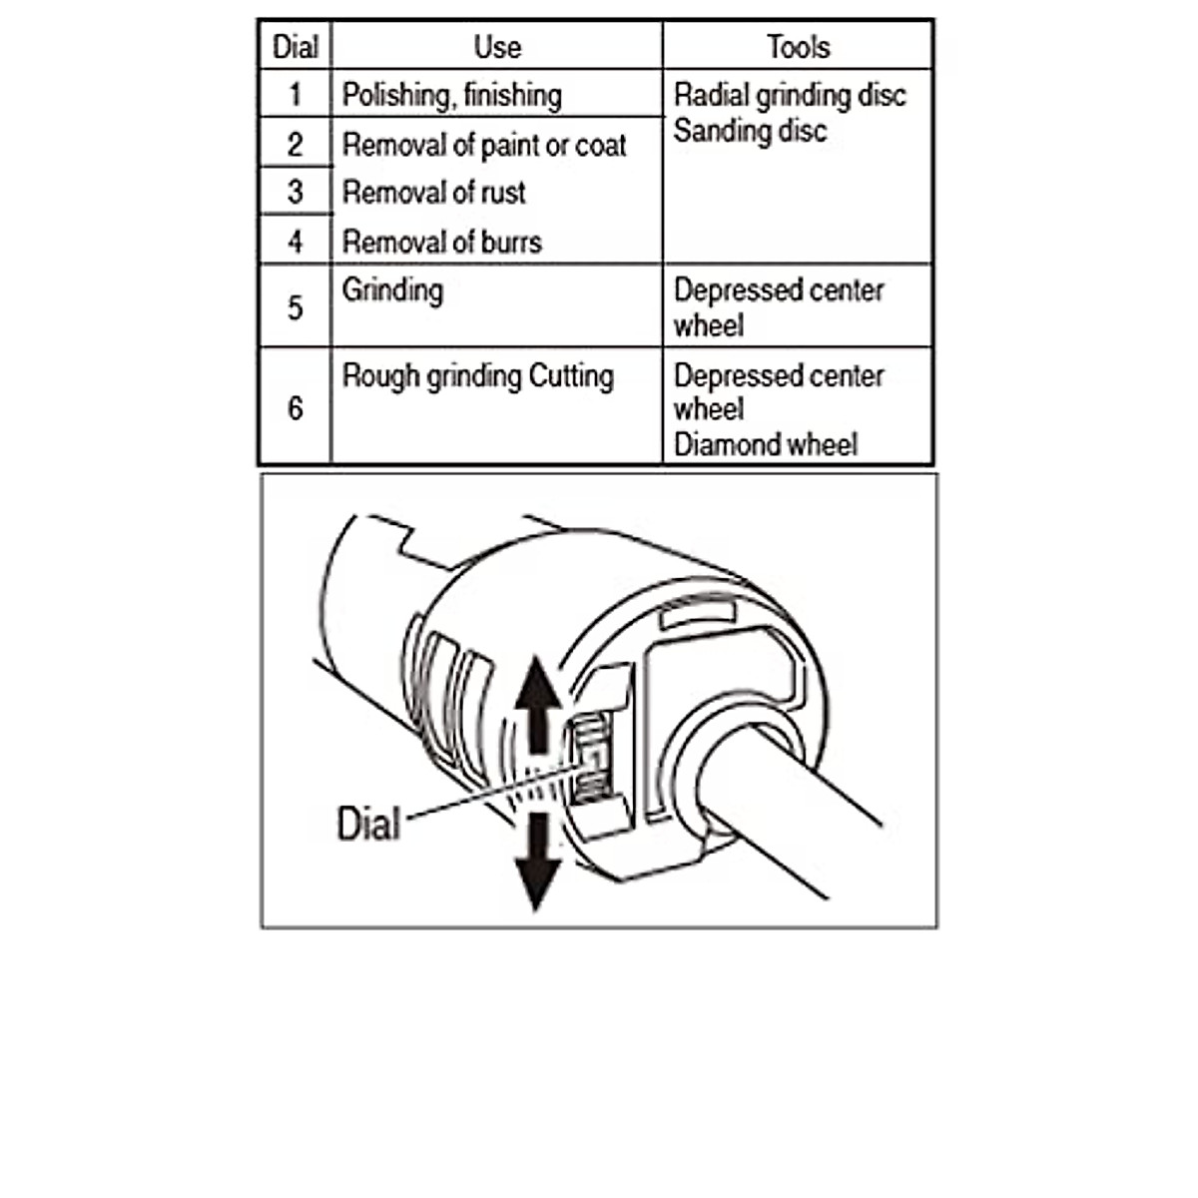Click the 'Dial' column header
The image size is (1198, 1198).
coord(295,47)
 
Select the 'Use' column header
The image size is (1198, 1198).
coord(497,47)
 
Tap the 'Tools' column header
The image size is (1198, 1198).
coord(798,47)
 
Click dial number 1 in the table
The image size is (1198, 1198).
coord(295,95)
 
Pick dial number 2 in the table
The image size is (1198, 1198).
coord(295,145)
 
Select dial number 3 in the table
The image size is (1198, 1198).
coord(295,192)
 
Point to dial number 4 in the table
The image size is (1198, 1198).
coord(295,242)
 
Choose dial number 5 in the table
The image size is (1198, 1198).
coord(295,307)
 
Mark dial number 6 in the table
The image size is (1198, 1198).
coord(295,408)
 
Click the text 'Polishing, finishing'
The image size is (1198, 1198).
coord(451,96)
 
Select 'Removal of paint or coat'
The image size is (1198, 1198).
coord(484,146)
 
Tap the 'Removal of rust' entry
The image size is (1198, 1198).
coord(433,193)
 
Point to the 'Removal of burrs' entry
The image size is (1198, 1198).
coord(441,242)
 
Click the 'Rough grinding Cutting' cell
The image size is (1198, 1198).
coord(477,376)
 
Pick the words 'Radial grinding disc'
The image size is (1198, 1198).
coord(790,96)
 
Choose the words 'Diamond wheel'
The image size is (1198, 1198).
coord(765,444)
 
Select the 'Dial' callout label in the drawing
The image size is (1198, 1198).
coord(368,825)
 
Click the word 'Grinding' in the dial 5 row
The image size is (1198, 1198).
coord(392,291)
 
